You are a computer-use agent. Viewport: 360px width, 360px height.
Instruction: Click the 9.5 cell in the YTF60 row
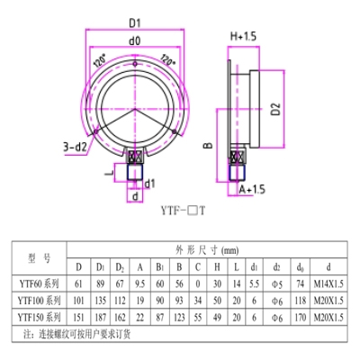click(140, 283)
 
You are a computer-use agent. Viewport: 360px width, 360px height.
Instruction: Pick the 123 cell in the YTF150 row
click(180, 317)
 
